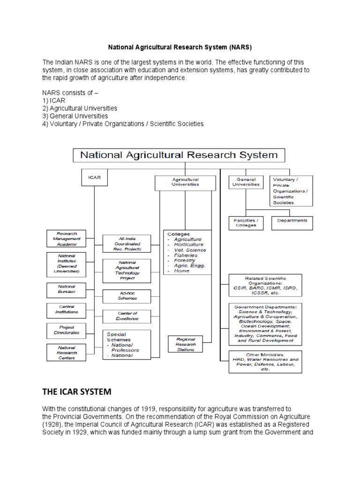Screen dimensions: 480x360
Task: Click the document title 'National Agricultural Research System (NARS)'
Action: tap(180, 47)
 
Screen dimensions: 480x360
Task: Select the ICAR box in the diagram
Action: tap(94, 178)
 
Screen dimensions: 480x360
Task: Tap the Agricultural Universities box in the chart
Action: tap(185, 182)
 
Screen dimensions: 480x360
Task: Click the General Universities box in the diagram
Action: tap(246, 182)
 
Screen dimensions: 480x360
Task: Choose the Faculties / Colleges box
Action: tap(246, 223)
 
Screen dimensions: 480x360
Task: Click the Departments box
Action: tap(292, 220)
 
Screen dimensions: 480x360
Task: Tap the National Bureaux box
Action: tap(67, 289)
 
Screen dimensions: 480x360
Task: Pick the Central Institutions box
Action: tap(67, 309)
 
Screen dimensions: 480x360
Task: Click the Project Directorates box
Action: tap(67, 330)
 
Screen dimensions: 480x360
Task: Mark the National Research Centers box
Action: tap(67, 352)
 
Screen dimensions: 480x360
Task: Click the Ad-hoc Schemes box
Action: tap(127, 296)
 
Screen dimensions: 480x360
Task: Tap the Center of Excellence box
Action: tap(127, 316)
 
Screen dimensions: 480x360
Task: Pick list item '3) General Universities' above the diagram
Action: tap(75, 116)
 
